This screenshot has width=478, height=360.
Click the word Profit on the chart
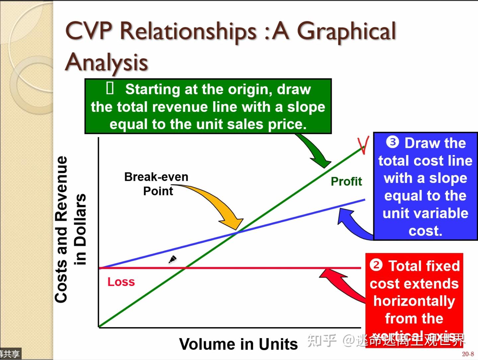[x=346, y=181]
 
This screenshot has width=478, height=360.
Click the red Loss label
[x=121, y=282]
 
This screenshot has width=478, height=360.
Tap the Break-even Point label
[x=156, y=184]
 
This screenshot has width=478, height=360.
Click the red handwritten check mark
[x=363, y=146]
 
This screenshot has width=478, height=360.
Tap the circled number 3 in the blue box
[x=392, y=143]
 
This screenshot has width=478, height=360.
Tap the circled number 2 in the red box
[x=376, y=265]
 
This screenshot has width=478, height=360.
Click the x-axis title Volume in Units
[x=238, y=344]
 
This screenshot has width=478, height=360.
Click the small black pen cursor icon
[x=173, y=259]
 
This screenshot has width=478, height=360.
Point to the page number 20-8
[x=468, y=354]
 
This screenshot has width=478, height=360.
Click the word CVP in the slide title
[x=89, y=31]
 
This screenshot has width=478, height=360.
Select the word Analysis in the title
[x=106, y=62]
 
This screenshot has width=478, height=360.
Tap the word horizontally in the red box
[x=414, y=301]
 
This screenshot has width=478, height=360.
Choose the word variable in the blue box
[x=425, y=213]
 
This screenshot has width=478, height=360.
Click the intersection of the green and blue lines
[x=237, y=232]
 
